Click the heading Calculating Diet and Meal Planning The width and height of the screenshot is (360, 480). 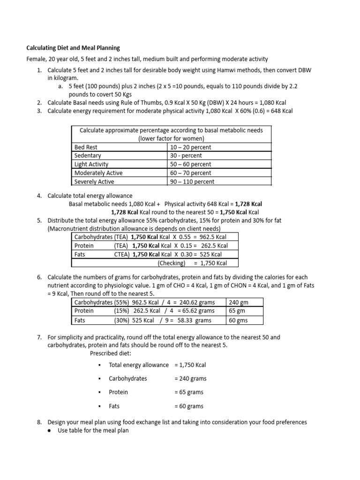click(x=73, y=48)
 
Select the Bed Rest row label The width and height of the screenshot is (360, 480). click(x=86, y=147)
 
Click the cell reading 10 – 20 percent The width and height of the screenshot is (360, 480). click(x=191, y=147)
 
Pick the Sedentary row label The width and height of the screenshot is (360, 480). click(x=88, y=156)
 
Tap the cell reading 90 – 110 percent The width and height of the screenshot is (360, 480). click(x=192, y=181)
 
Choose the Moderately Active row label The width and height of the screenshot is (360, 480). click(x=98, y=173)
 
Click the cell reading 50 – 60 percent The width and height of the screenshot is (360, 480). click(x=191, y=165)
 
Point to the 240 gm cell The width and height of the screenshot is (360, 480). click(x=238, y=302)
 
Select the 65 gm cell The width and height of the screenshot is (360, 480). click(x=237, y=311)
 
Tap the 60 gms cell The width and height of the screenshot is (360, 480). click(x=238, y=321)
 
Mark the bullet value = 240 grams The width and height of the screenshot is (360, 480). click(x=190, y=378)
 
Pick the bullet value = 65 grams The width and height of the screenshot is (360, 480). click(x=189, y=392)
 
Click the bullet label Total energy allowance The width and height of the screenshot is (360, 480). click(x=138, y=365)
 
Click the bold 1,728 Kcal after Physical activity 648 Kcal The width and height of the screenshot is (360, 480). click(x=248, y=204)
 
